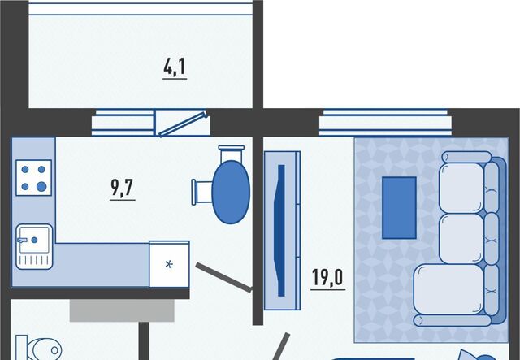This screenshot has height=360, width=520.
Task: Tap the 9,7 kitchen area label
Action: [x=122, y=189]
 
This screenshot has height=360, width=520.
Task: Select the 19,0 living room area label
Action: [x=327, y=277]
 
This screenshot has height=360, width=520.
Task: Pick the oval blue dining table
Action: [x=231, y=191]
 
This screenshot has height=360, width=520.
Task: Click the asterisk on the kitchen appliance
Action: [x=169, y=263]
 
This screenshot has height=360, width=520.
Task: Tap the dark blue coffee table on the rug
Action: [x=399, y=208]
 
